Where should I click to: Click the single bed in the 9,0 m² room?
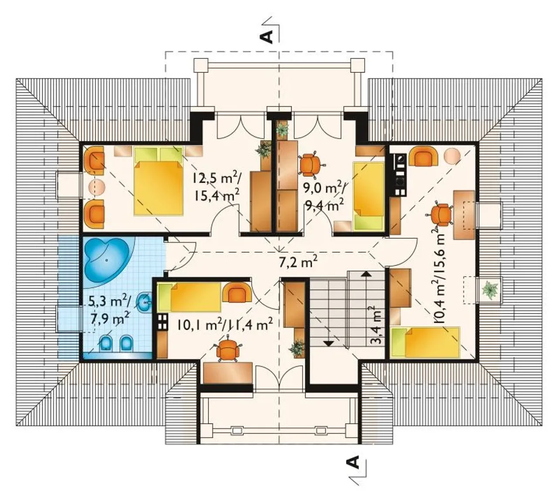[368, 196]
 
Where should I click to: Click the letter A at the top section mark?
[267, 37]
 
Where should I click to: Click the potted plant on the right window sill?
[490, 290]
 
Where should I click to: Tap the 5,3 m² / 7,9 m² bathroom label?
[110, 311]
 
